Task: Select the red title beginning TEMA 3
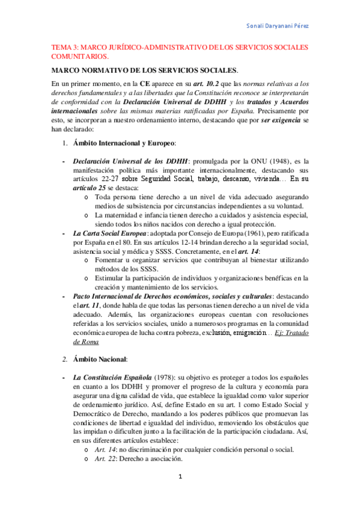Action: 180,51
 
